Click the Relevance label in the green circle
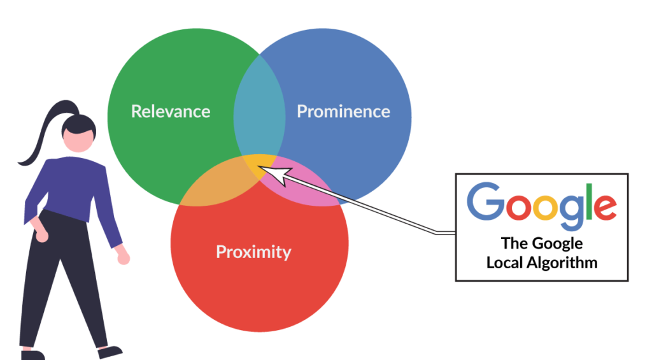point(171,112)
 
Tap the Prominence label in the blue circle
point(343,112)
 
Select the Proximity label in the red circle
point(253,252)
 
